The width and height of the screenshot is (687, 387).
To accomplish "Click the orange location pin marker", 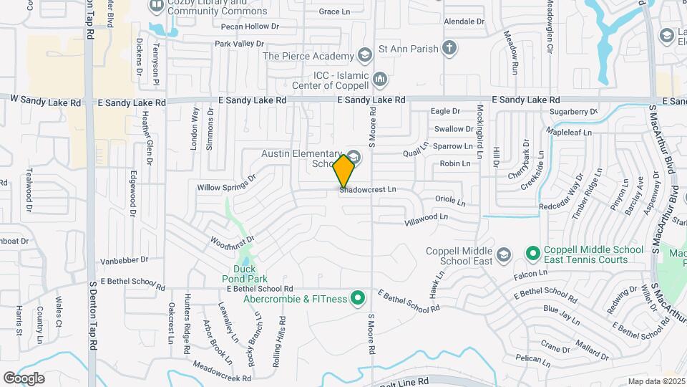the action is coord(344,171).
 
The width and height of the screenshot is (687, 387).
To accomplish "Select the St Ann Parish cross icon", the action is coord(449,49).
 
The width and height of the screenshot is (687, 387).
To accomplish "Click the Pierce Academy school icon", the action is coord(365,55).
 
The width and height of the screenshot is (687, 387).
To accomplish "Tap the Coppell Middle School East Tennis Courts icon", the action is coord(532,254).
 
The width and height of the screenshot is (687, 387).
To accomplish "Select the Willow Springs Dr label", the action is coord(227,183).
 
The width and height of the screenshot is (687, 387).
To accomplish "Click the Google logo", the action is coord(24,378).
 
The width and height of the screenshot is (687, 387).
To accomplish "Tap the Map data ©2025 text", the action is coord(656,381).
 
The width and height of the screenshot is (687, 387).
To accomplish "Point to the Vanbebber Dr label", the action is coord(124,259).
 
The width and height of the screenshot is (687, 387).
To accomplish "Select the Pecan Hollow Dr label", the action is coord(250,27).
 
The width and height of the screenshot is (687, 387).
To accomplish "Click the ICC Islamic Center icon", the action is coord(379,77).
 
